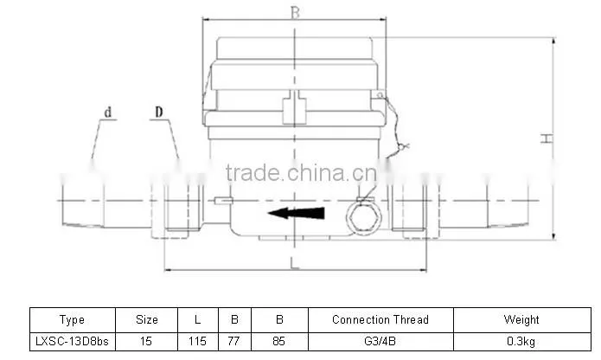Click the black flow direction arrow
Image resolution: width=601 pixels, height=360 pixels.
coord(297,213)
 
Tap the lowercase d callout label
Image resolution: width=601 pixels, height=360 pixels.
coord(108,112)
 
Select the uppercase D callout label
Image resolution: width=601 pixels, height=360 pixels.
coord(159,112)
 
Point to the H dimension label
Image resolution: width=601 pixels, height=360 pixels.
coord(547,138)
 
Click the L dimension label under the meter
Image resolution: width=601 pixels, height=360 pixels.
coord(294,264)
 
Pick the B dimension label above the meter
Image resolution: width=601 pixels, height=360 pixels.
coord(295,13)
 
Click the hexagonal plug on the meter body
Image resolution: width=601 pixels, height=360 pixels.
coord(364,217)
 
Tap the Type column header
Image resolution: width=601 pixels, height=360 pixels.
coord(72,319)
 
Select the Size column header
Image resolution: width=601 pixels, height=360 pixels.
coord(147,319)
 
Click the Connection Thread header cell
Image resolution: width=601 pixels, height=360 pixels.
coord(380,319)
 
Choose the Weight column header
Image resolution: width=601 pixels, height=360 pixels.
coord(521,319)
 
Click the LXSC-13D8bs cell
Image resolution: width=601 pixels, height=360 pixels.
coord(72,341)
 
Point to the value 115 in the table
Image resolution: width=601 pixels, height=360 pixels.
coord(197,341)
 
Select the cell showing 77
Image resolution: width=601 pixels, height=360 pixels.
coord(233,341)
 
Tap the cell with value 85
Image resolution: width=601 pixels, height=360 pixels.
coord(279,341)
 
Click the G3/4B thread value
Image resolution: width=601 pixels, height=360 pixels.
coord(380,341)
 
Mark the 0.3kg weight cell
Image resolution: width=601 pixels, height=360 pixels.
coord(521,341)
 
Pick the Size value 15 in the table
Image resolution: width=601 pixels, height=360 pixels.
coord(146,341)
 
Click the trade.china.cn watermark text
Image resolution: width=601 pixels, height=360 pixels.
coord(302,172)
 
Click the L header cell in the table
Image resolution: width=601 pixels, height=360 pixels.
coord(197,319)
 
